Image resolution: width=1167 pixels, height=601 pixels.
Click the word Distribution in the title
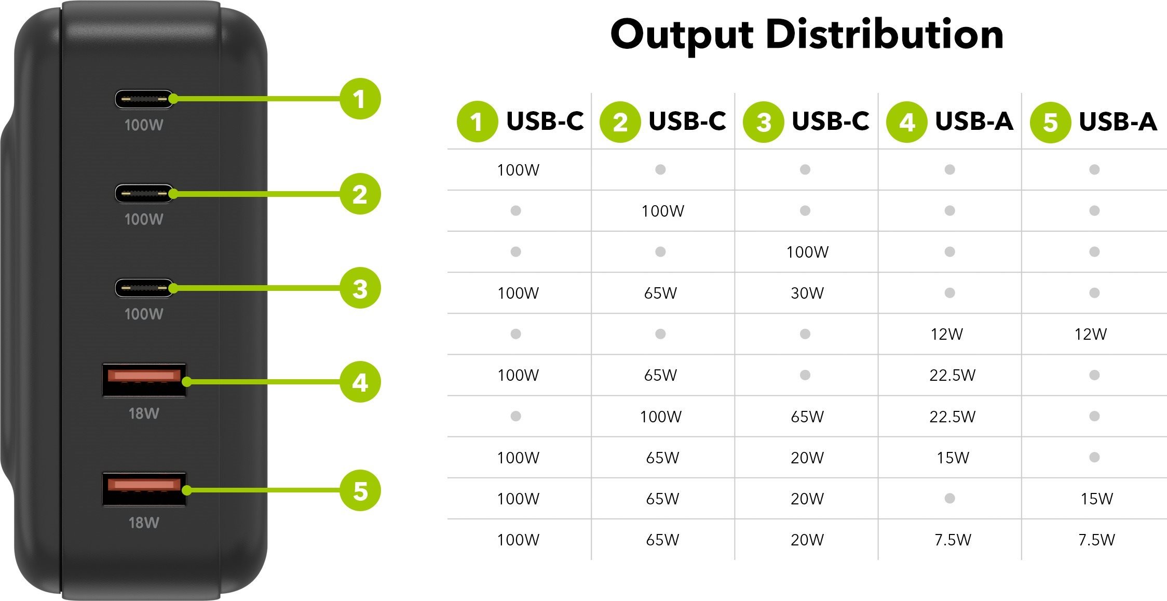[x=884, y=34]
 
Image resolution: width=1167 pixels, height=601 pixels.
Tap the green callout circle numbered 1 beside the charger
[x=360, y=99]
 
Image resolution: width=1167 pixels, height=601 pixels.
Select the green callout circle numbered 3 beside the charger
[x=360, y=288]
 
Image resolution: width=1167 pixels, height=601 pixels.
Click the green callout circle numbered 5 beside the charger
[x=360, y=490]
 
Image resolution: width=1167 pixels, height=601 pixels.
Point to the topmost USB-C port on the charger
[x=144, y=99]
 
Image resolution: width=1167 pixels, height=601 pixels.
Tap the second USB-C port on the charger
[x=144, y=194]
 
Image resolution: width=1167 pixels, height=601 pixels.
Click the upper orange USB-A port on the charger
[x=144, y=380]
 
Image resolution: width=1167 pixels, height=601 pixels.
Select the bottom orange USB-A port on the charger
[x=144, y=489]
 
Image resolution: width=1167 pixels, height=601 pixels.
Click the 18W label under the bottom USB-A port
[x=144, y=523]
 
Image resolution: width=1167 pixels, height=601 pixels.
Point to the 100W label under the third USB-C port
[x=144, y=314]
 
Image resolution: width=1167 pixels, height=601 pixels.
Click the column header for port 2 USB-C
[x=663, y=122]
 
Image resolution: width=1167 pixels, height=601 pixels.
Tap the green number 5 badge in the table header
[x=1050, y=122]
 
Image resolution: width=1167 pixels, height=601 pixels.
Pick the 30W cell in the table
[x=807, y=293]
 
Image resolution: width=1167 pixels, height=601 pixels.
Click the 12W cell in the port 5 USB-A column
[x=1091, y=334]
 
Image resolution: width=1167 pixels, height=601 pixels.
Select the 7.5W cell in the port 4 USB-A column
[x=953, y=540]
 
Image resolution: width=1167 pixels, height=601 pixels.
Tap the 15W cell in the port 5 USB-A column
[x=1096, y=499]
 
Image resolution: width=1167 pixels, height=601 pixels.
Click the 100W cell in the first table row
[x=518, y=170]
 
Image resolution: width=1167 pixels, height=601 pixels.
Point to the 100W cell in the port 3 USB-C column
[x=807, y=252]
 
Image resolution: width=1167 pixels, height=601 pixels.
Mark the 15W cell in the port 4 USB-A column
[x=953, y=458]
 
